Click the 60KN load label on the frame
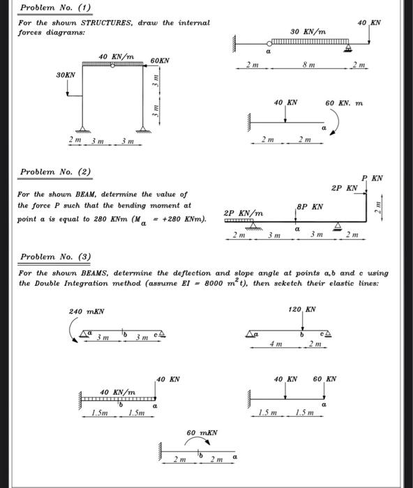[160, 61]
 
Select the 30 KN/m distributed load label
[308, 32]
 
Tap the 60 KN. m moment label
[345, 102]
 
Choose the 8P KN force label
[310, 207]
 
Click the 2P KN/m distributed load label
[243, 213]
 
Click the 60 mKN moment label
[202, 433]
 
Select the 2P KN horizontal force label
[345, 188]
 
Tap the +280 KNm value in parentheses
[179, 220]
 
